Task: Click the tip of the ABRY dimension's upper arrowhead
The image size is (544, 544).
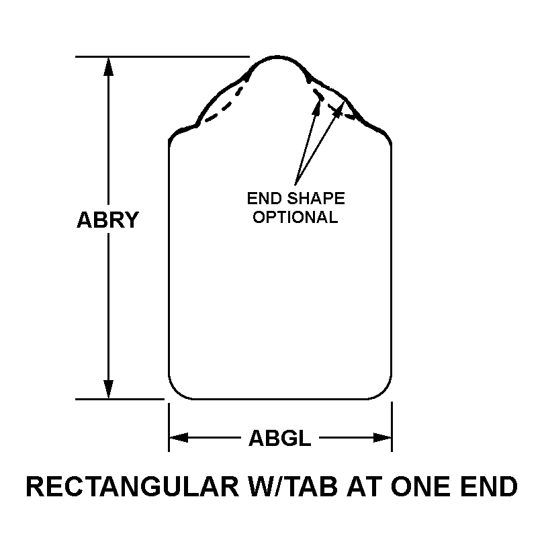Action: coord(109,57)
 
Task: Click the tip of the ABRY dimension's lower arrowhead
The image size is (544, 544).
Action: coord(109,399)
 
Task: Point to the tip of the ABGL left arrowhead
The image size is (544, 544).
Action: coord(170,437)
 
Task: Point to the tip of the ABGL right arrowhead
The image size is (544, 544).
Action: coord(392,437)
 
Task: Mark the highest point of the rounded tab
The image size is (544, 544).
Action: coord(277,56)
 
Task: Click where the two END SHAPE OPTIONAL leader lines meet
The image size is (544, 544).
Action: coord(296,184)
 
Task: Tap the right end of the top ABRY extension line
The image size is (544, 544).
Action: coord(250,56)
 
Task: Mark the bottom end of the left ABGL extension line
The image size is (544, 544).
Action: coord(169,452)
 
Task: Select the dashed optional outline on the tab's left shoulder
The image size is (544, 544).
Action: coord(226,101)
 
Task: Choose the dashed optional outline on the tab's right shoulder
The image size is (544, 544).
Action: coord(332,101)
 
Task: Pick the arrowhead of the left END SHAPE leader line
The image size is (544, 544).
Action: coord(317,106)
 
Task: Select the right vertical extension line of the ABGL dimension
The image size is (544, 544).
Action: coord(392,426)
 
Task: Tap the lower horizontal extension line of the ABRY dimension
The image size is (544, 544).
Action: coord(120,400)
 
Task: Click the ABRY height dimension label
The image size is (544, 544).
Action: coord(107,220)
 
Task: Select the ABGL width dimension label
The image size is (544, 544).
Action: coord(280,438)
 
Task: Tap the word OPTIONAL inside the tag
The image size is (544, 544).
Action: coord(296,217)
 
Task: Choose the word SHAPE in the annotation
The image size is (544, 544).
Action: coord(316,198)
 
